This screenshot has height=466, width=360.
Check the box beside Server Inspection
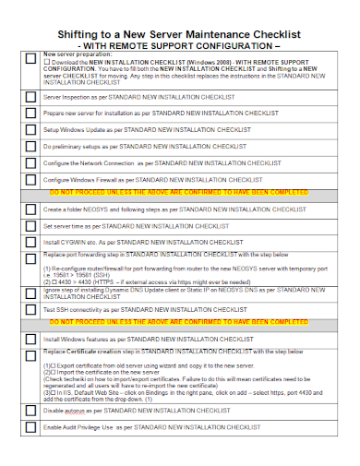click(30, 97)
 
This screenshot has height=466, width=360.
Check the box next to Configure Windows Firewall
click(30, 180)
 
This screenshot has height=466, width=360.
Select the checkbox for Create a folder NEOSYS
click(30, 210)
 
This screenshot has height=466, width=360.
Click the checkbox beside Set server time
click(30, 227)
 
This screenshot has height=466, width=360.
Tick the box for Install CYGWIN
click(30, 244)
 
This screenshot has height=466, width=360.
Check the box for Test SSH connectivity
click(30, 310)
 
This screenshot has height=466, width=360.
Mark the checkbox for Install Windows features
click(30, 341)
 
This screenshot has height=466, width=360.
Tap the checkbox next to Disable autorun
click(30, 411)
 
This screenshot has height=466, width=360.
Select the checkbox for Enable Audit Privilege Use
click(30, 428)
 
